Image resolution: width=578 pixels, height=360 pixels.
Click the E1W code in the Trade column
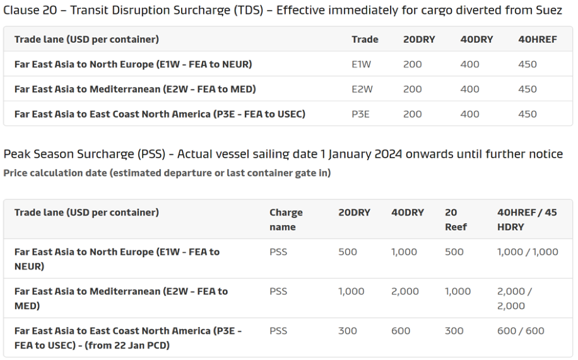[361, 64]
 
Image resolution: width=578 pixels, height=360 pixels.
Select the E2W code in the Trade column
[362, 90]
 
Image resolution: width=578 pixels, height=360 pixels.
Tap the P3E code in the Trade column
[361, 114]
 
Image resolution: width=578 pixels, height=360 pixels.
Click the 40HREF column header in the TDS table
[537, 39]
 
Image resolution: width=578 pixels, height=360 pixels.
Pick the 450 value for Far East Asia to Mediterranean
[527, 90]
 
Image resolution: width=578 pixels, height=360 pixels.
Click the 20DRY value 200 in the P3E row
[412, 114]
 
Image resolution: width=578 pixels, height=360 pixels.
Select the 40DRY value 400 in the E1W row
[469, 64]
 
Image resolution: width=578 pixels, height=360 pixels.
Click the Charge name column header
[286, 219]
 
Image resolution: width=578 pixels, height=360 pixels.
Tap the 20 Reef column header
[456, 219]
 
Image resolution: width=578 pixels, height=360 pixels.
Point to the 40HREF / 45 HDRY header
[527, 219]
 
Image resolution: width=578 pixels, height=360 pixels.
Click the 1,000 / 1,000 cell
[528, 252]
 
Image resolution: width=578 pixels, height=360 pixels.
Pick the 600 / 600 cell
[521, 330]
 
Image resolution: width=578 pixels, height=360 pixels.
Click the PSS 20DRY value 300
[347, 330]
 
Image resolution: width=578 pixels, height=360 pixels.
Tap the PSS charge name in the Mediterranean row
[278, 291]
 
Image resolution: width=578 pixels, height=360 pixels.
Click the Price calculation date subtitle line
[167, 173]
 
